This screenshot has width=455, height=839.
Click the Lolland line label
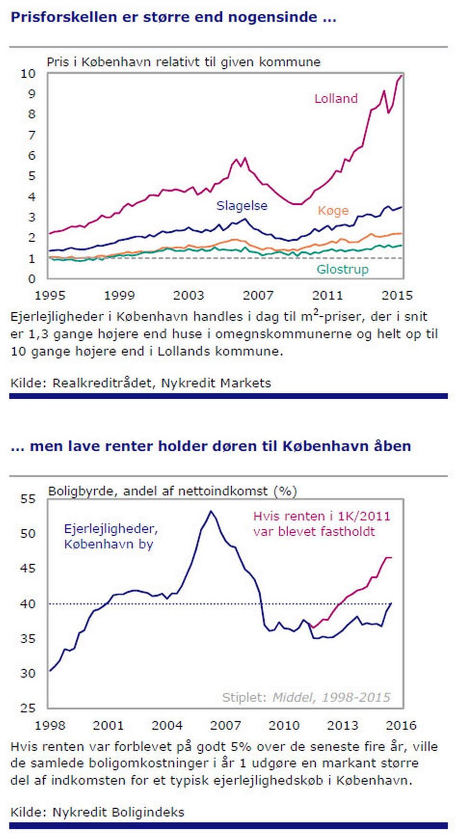[x=336, y=99]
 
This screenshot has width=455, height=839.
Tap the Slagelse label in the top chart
[x=242, y=206]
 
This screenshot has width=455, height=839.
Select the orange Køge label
[x=333, y=210]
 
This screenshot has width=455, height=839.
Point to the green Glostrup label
[x=342, y=269]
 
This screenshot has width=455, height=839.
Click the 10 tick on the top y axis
[x=28, y=73]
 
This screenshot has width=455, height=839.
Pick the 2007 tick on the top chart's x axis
[x=258, y=295]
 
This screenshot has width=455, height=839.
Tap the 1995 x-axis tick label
[x=50, y=295]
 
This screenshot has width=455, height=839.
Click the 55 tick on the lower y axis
[x=28, y=499]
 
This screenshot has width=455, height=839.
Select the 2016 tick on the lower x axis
[x=401, y=725]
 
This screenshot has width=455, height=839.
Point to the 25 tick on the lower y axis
[x=28, y=708]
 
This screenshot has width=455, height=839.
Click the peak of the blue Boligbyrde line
[x=211, y=511]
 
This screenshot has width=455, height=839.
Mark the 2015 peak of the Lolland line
[x=401, y=75]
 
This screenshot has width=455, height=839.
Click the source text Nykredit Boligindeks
[x=118, y=812]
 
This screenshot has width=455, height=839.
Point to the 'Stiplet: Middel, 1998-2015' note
[x=306, y=697]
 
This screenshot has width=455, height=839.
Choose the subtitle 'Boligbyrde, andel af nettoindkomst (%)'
[x=173, y=491]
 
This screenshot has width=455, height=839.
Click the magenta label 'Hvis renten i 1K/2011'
[x=322, y=516]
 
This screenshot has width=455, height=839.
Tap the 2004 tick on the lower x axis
[x=167, y=725]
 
